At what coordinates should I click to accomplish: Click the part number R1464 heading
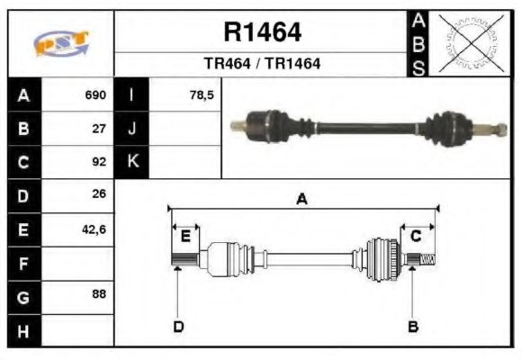(x=262, y=32)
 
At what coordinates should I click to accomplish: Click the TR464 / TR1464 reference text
(x=262, y=65)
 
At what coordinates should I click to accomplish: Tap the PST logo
(x=61, y=43)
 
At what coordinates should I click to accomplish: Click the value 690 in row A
(x=95, y=95)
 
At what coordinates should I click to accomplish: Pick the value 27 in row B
(x=100, y=129)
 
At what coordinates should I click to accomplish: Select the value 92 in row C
(x=100, y=163)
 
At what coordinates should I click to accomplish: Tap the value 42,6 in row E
(x=94, y=229)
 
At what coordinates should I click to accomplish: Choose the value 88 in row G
(x=100, y=295)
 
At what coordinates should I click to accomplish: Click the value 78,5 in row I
(x=202, y=95)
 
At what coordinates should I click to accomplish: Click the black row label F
(x=22, y=263)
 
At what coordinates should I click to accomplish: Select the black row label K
(x=132, y=163)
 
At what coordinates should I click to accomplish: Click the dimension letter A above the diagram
(x=302, y=200)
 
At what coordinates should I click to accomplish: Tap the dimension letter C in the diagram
(x=416, y=237)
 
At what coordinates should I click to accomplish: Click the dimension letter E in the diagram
(x=185, y=237)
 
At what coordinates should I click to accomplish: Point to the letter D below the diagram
(x=178, y=326)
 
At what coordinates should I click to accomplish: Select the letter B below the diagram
(x=413, y=326)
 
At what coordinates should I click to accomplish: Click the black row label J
(x=132, y=129)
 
